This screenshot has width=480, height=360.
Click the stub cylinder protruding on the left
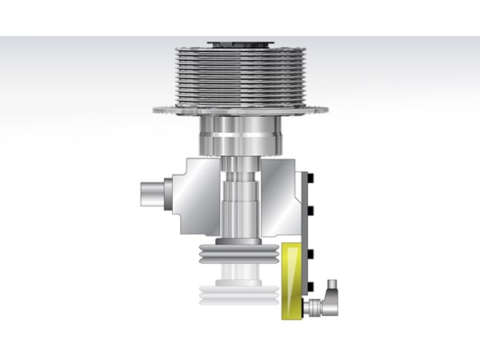pyautogui.click(x=152, y=194)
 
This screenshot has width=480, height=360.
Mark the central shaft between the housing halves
pyautogui.click(x=239, y=200)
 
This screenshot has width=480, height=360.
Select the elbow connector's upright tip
pyautogui.click(x=331, y=285)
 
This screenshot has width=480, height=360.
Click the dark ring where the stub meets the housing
pyautogui.click(x=166, y=194)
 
